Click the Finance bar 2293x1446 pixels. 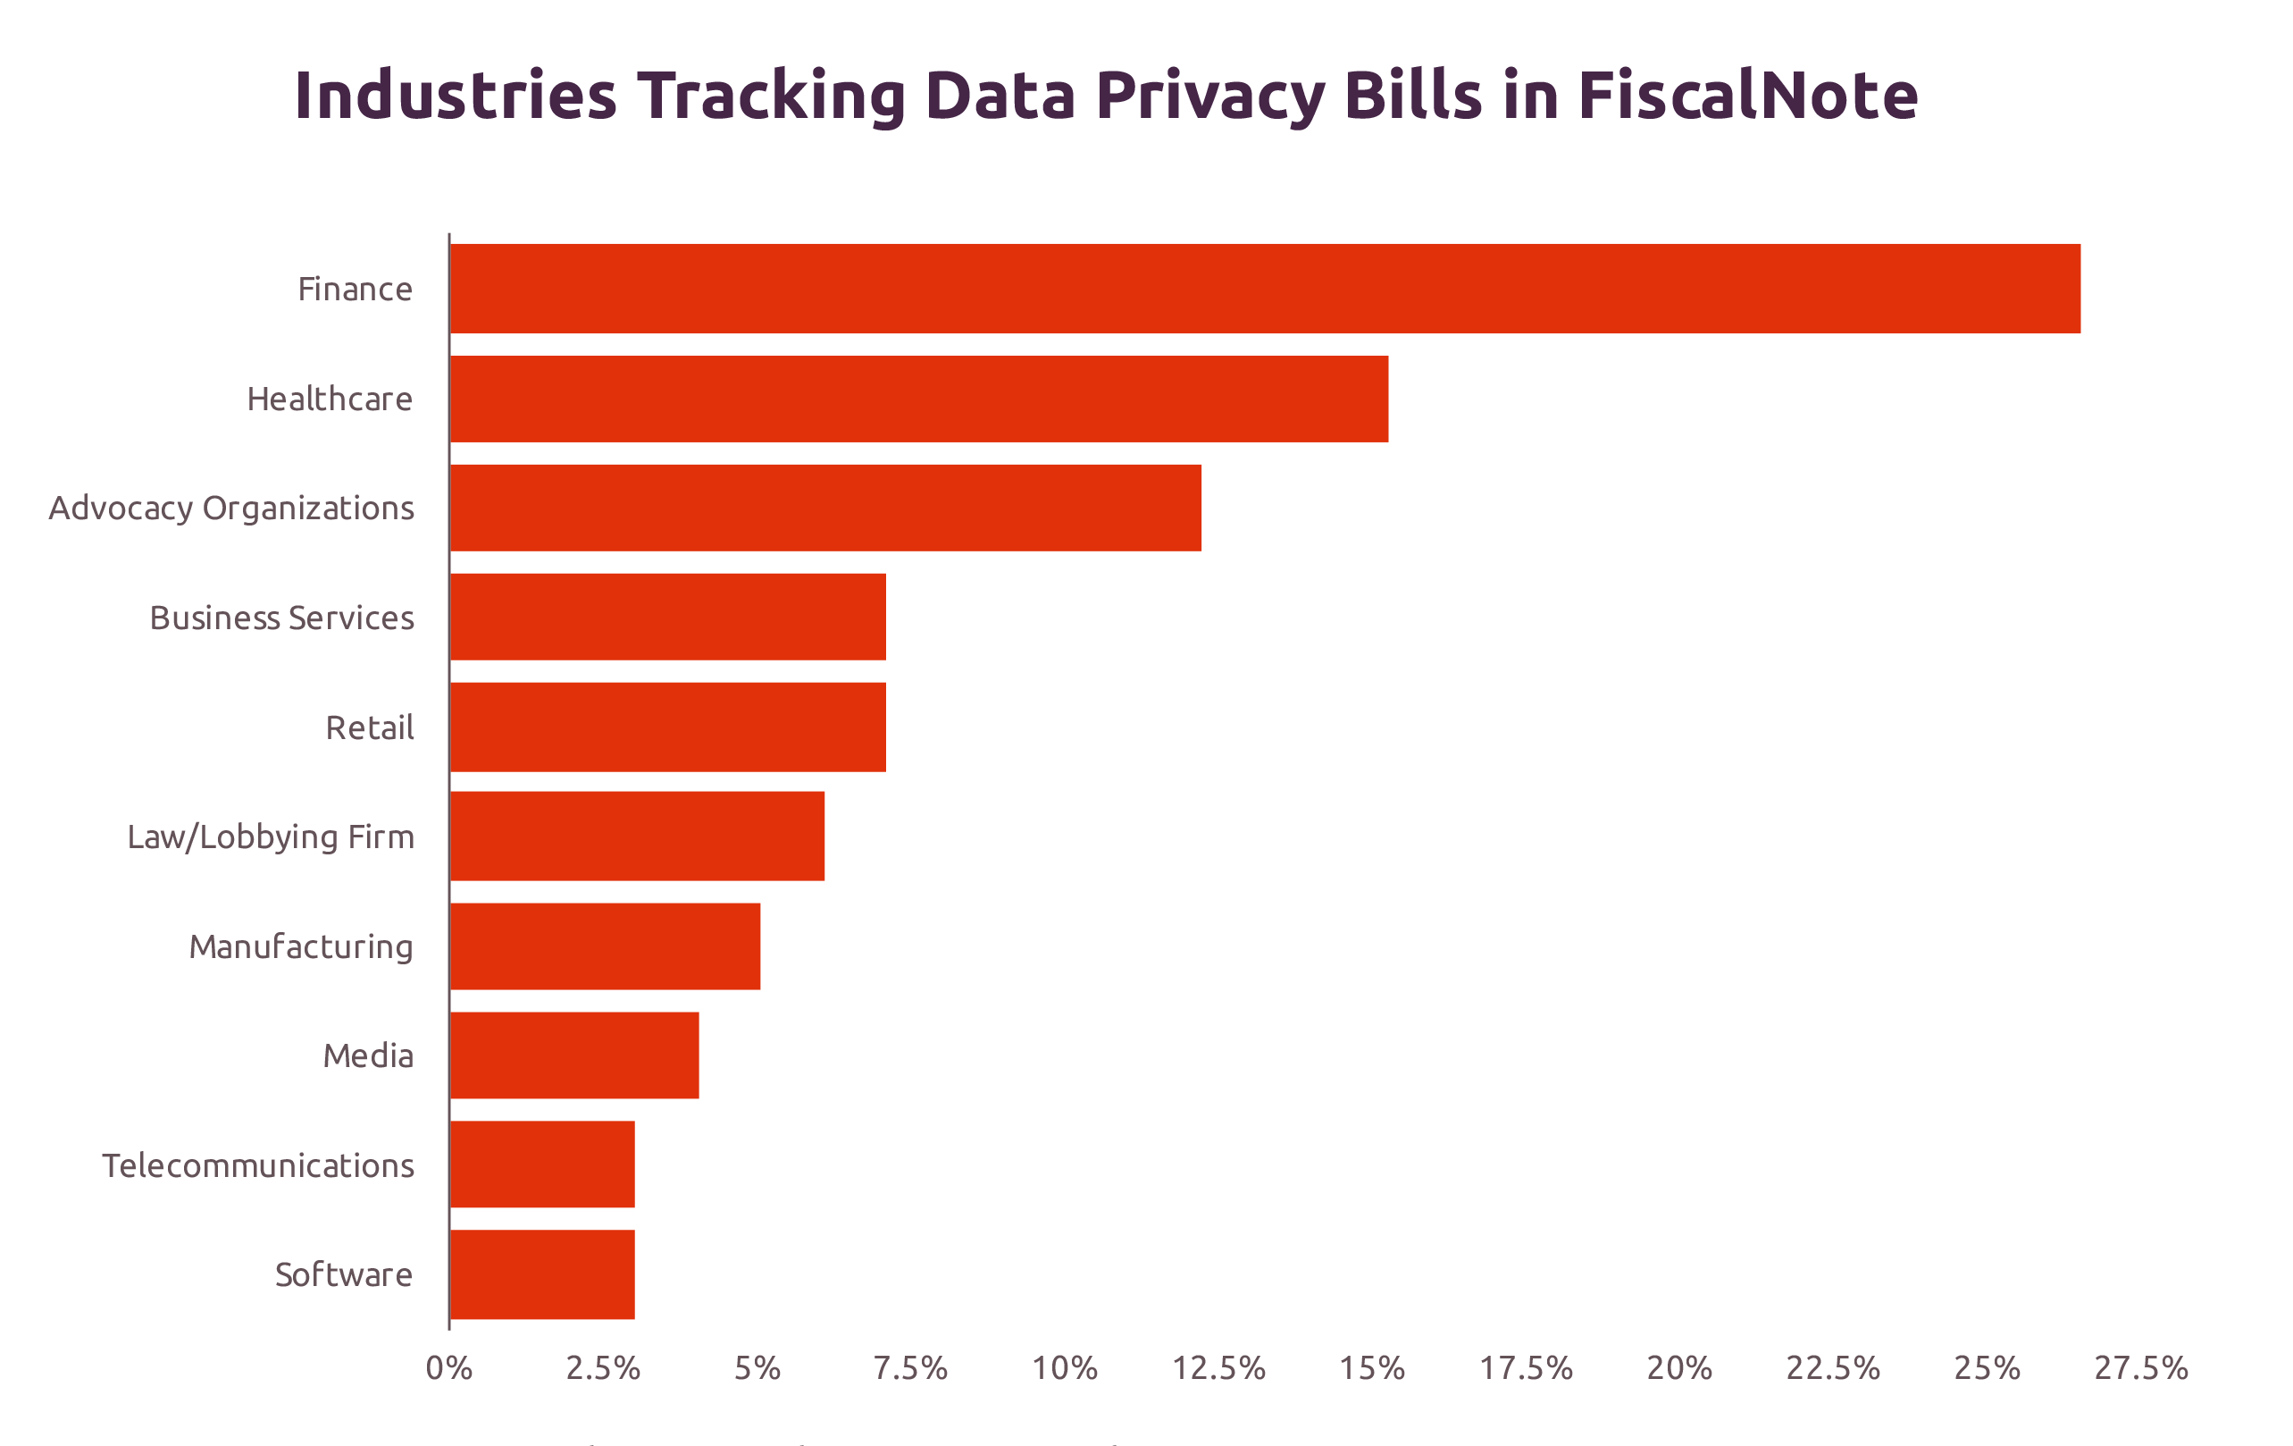pos(1265,289)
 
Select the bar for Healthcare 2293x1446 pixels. pos(919,399)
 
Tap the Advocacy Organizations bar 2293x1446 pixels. pos(824,508)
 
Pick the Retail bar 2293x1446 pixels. pos(667,727)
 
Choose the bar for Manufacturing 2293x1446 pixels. pos(605,946)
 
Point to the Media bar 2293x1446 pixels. pos(574,1055)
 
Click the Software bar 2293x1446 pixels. pos(542,1274)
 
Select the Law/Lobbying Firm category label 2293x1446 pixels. pos(271,837)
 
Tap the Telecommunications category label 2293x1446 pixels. pos(258,1166)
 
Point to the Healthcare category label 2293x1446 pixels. pos(330,399)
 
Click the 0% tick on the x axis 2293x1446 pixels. pos(448,1369)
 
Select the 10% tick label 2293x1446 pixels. pos(1065,1369)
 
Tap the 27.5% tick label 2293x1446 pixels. pos(2140,1369)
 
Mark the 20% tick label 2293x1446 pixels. pos(1679,1369)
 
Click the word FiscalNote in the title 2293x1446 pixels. pos(1747,96)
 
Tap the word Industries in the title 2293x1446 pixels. pos(456,96)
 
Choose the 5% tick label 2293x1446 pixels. pos(757,1369)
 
